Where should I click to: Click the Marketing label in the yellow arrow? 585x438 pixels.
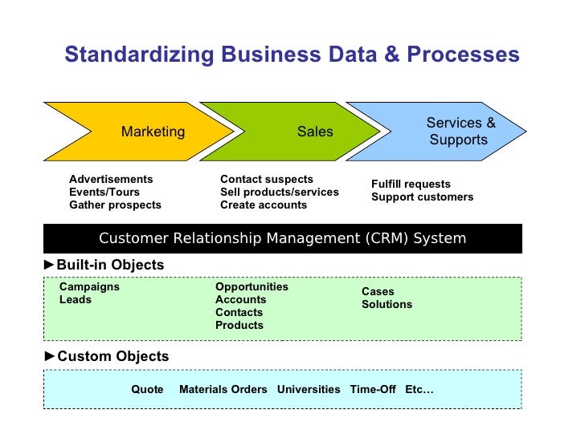(153, 132)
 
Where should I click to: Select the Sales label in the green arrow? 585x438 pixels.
(315, 132)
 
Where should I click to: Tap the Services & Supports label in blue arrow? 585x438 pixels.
(460, 132)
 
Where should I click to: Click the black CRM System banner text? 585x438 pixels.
(282, 238)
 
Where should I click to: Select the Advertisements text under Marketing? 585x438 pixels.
(111, 179)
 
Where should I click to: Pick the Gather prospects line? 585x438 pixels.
(115, 205)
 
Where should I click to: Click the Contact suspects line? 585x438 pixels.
(267, 179)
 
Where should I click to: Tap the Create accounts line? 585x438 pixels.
(264, 205)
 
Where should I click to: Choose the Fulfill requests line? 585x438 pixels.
(411, 184)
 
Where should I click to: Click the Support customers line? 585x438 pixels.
(422, 197)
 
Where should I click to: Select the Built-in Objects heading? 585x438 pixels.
(110, 265)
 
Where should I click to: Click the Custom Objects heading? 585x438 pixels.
(112, 356)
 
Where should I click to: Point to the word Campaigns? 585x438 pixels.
(89, 286)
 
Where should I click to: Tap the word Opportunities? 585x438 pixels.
(252, 286)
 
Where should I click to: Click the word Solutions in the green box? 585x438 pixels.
(387, 304)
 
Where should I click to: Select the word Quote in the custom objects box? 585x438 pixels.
(147, 389)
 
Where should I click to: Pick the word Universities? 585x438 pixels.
(309, 389)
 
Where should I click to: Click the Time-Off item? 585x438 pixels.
(373, 389)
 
